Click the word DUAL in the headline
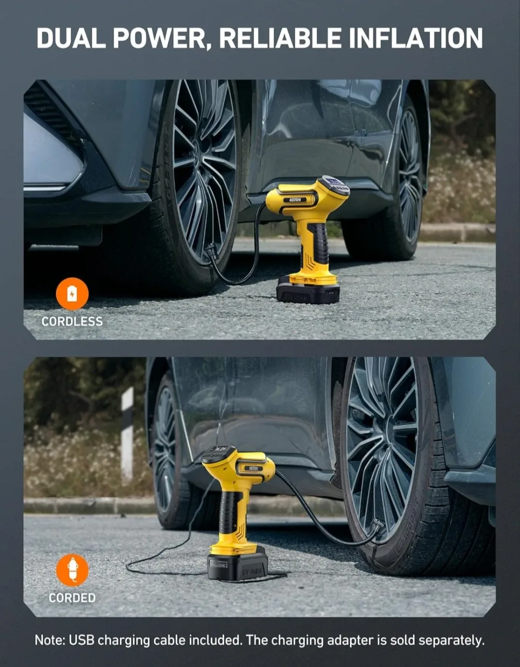click(x=71, y=39)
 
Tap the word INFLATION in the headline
click(x=416, y=39)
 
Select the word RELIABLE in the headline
click(x=280, y=39)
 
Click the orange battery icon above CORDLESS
click(x=72, y=293)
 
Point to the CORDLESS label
click(x=72, y=321)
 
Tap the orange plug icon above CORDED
click(x=72, y=570)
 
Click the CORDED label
click(x=72, y=598)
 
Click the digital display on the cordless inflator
click(x=335, y=185)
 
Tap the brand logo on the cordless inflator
click(x=295, y=199)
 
